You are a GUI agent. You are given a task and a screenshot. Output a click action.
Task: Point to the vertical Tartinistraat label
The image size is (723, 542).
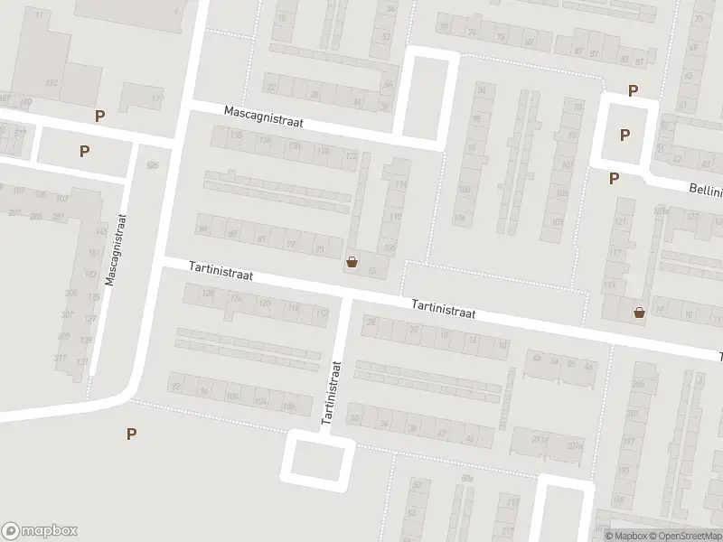click(x=331, y=394)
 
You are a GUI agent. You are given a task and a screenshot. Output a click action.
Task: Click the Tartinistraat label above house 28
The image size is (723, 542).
click(x=443, y=310)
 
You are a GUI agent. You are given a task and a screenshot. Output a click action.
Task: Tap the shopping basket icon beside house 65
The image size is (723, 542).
click(x=352, y=263)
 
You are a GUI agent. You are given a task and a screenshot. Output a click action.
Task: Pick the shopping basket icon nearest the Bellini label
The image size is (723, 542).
click(x=640, y=313)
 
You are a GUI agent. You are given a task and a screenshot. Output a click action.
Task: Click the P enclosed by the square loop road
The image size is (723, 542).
click(x=624, y=135)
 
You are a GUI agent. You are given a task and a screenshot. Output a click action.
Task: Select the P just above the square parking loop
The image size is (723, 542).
click(x=634, y=90)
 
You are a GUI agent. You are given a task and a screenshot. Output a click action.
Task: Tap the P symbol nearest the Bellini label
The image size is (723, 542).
click(x=615, y=178)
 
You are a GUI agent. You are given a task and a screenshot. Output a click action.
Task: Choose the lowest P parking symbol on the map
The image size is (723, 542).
click(x=132, y=435)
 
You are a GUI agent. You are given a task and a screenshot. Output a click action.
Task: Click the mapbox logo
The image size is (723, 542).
click(x=40, y=531)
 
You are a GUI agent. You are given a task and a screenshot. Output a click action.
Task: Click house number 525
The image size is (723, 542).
click(x=152, y=165)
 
